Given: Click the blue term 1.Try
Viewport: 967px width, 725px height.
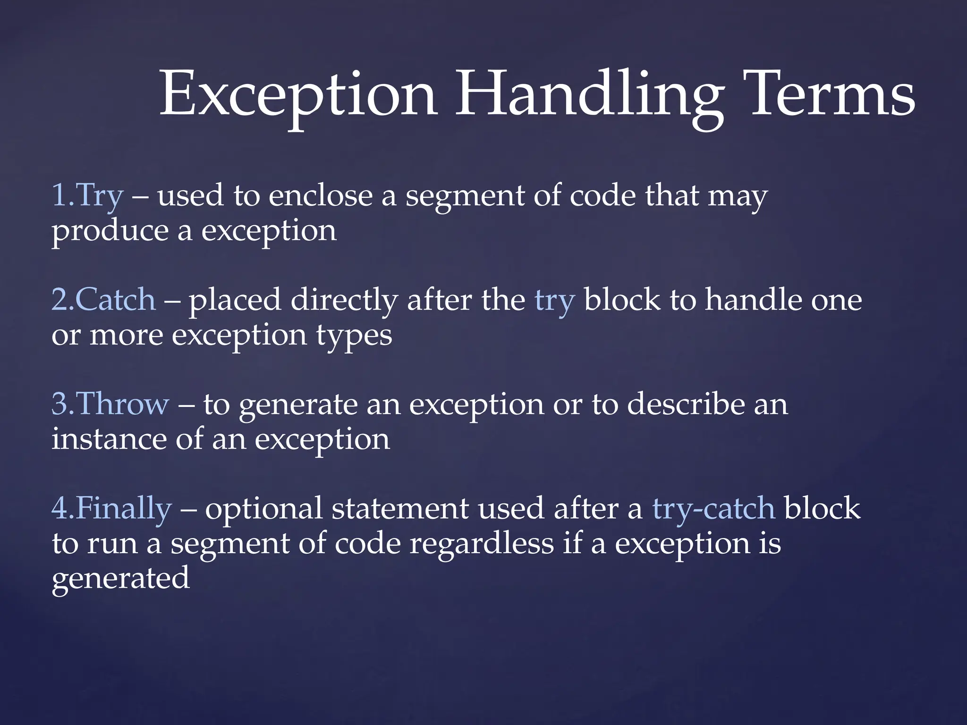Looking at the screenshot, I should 87,196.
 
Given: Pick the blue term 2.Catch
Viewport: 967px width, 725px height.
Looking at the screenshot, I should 103,300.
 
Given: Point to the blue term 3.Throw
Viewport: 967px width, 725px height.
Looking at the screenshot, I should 110,405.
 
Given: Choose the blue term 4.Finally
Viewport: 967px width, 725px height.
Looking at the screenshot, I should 111,509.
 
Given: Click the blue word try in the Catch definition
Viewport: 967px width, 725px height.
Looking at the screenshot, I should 554,301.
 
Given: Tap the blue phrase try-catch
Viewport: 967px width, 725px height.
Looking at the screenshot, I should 713,509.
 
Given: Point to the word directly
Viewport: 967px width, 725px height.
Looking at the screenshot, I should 344,301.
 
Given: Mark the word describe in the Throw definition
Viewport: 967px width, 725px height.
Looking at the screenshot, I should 686,405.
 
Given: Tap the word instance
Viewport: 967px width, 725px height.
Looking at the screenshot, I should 109,439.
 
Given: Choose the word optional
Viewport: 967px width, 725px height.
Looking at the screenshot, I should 263,509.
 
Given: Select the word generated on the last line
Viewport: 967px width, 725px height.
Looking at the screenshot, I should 120,579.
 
